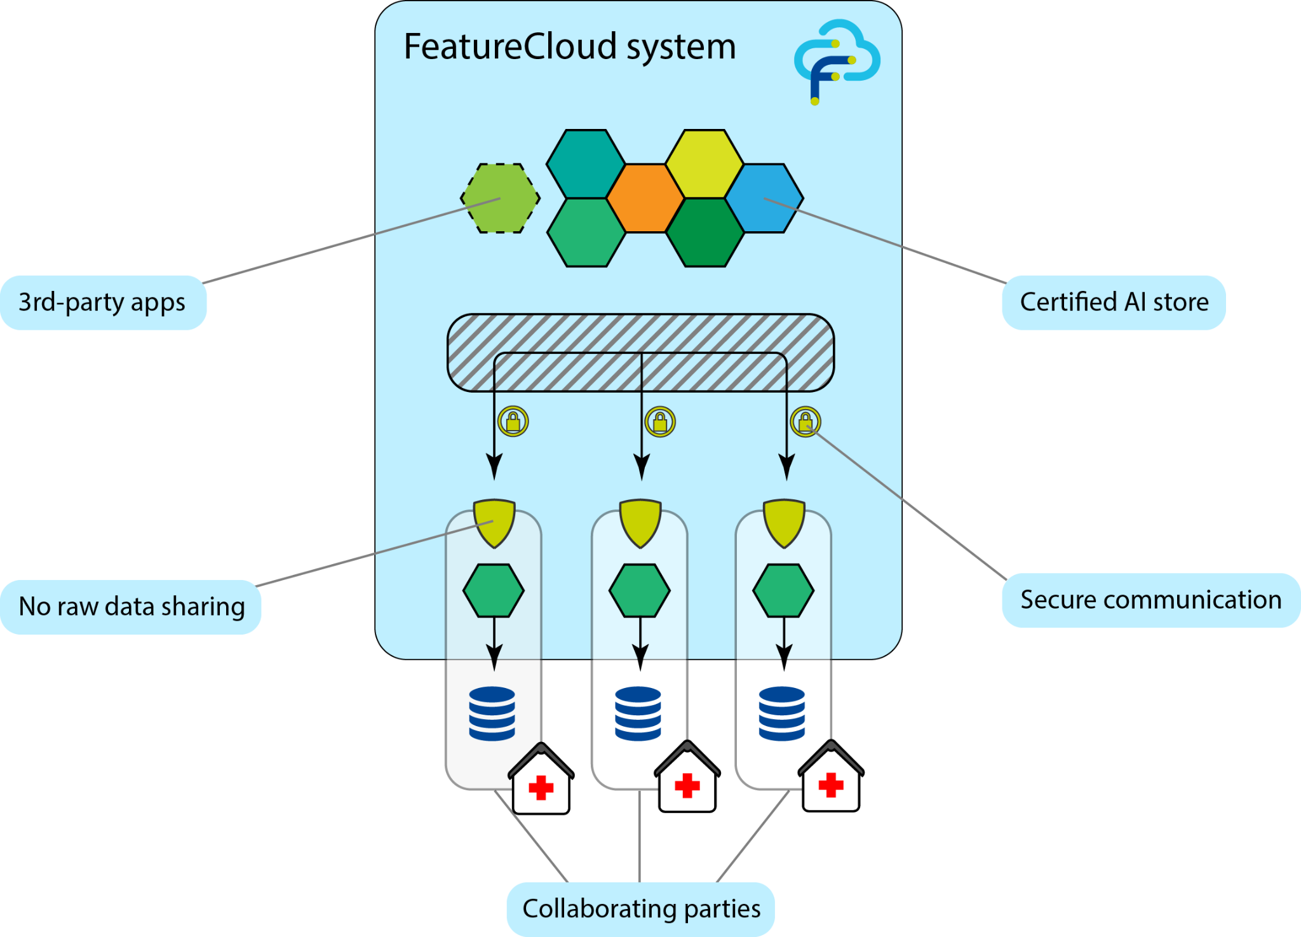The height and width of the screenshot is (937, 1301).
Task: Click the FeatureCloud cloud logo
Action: click(x=837, y=60)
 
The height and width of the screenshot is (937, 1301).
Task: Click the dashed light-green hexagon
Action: click(x=501, y=198)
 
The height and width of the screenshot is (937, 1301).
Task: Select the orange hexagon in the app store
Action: click(x=645, y=198)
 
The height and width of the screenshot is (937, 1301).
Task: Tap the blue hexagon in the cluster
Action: click(x=764, y=198)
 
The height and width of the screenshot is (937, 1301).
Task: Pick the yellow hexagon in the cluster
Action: click(x=704, y=164)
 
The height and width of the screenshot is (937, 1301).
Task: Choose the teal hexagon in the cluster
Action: click(x=585, y=164)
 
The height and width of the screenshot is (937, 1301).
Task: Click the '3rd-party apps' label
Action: click(x=103, y=302)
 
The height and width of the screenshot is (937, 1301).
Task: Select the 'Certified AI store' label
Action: click(x=1114, y=302)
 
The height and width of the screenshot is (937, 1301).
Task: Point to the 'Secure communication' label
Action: click(x=1150, y=600)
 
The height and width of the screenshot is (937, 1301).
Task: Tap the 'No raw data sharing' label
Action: click(x=131, y=607)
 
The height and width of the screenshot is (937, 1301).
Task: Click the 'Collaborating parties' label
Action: click(x=641, y=908)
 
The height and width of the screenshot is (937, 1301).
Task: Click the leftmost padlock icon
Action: click(x=513, y=421)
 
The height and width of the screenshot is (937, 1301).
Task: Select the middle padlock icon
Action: click(x=660, y=421)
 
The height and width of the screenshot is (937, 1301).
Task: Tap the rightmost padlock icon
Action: click(x=806, y=421)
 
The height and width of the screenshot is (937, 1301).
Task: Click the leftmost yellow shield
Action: click(x=494, y=523)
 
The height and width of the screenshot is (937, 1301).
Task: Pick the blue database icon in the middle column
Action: click(x=638, y=713)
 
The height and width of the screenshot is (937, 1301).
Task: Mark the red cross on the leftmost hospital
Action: click(x=541, y=788)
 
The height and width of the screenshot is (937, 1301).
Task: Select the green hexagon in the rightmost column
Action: click(x=783, y=591)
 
